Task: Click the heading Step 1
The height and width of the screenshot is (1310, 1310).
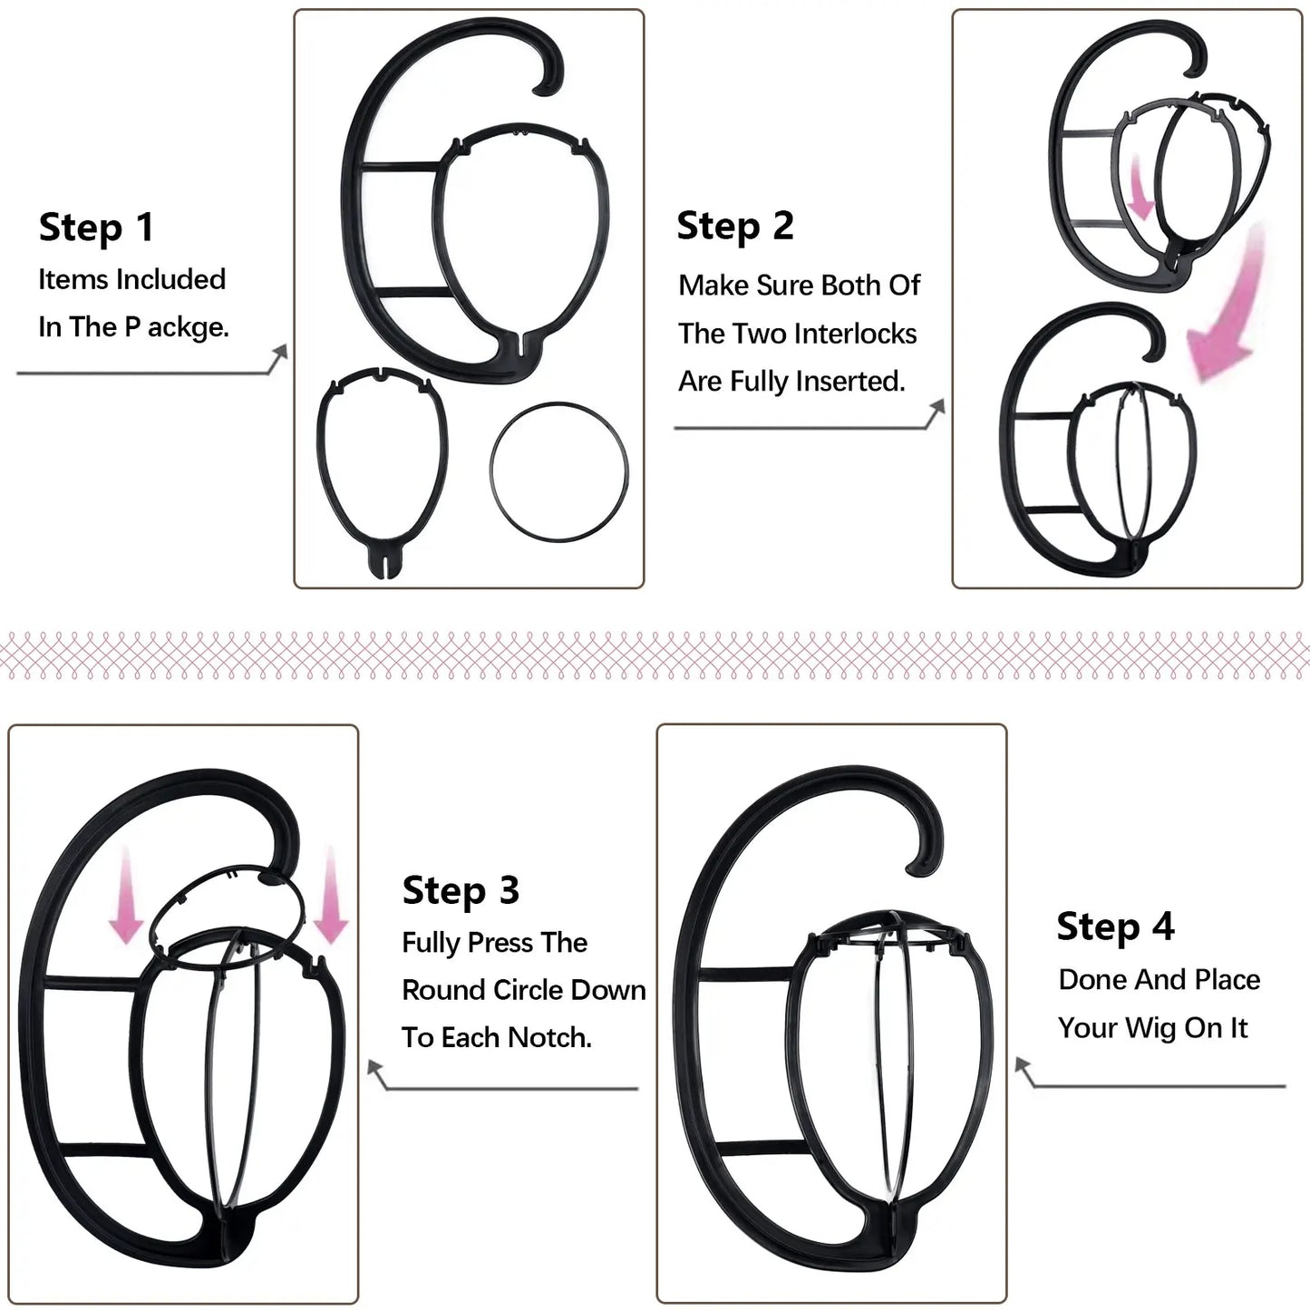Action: [96, 228]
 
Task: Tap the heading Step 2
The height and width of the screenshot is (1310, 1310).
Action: [734, 226]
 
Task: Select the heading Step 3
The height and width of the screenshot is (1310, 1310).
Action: [461, 891]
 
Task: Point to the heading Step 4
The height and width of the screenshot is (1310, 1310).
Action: [1115, 927]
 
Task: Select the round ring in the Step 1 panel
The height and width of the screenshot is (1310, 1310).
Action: [558, 472]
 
